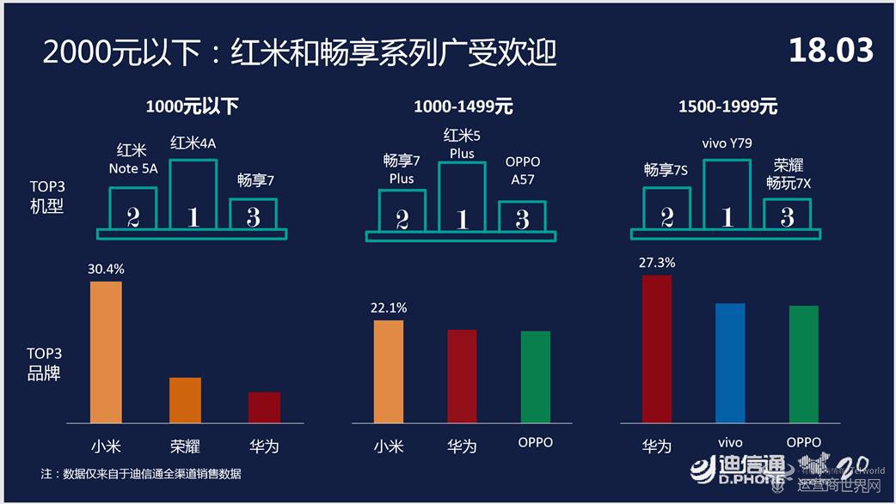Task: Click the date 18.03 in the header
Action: [x=831, y=51]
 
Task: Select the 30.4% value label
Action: [x=106, y=269]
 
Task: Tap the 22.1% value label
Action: [x=389, y=307]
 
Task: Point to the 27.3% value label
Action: [x=657, y=263]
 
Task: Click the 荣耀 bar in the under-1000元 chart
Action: [x=185, y=400]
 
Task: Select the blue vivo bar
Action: [x=730, y=362]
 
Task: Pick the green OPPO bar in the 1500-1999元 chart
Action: [x=803, y=364]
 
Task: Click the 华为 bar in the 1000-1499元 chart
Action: [x=462, y=376]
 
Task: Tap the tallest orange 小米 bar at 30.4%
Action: [x=106, y=352]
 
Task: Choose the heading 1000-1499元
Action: [x=463, y=107]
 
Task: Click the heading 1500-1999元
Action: [x=727, y=107]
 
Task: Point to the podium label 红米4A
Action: [x=193, y=143]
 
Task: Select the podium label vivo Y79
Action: [x=727, y=143]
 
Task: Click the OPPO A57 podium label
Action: [x=522, y=170]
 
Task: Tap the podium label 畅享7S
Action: [x=666, y=170]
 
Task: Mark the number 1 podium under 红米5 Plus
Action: [x=462, y=197]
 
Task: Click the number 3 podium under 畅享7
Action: [x=253, y=216]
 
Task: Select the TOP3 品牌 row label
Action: [x=44, y=363]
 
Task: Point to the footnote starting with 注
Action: [x=141, y=473]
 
